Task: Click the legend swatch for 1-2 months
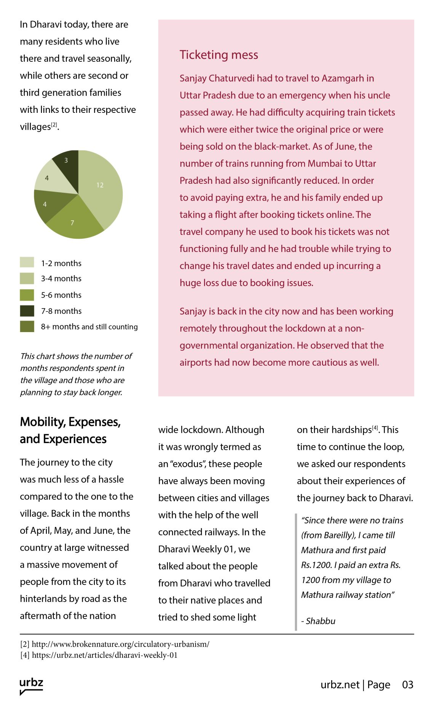coord(27,263)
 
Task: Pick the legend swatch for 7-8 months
coord(27,311)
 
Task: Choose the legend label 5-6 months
coord(61,295)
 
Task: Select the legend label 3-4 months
coord(61,278)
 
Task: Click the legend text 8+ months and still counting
coord(89,327)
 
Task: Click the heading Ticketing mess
coord(219,55)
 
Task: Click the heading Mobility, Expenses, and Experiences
coord(70,430)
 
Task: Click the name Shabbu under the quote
coord(321,621)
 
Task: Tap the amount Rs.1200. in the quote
coord(317,565)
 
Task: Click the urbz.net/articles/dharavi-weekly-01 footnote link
coord(105,655)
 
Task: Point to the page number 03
coord(407,685)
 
